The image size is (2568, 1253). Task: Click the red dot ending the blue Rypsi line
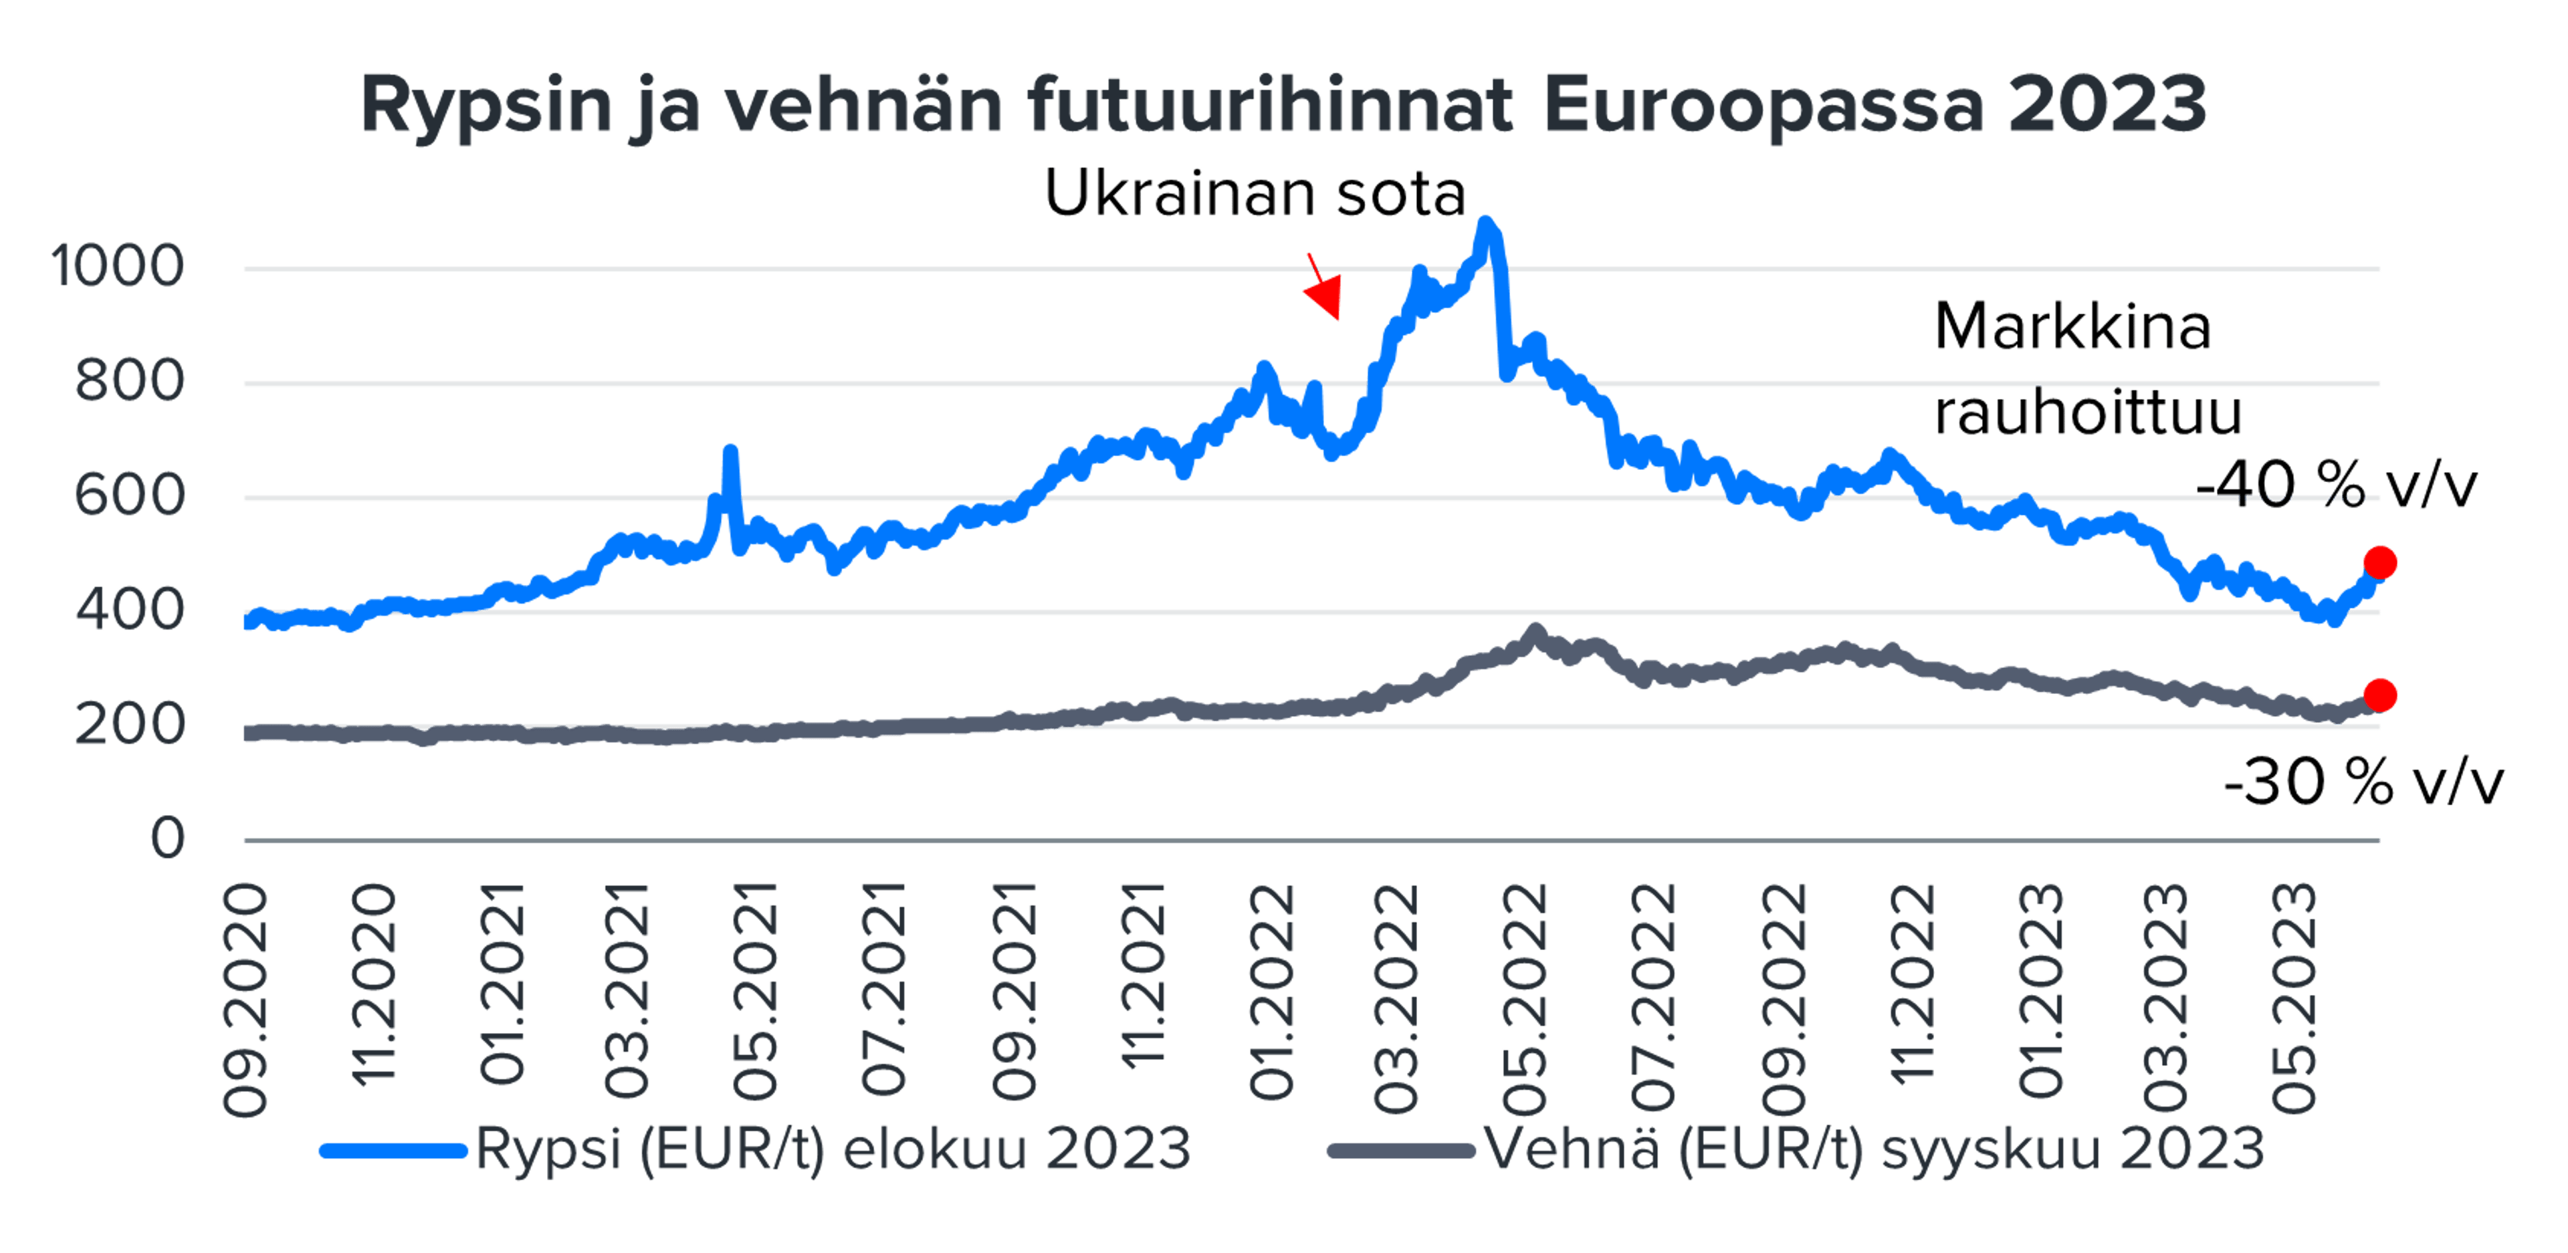click(2379, 562)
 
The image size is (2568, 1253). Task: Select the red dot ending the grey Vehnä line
click(2379, 695)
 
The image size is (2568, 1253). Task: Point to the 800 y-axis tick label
click(130, 382)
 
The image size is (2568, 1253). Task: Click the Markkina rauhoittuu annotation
click(2087, 369)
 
